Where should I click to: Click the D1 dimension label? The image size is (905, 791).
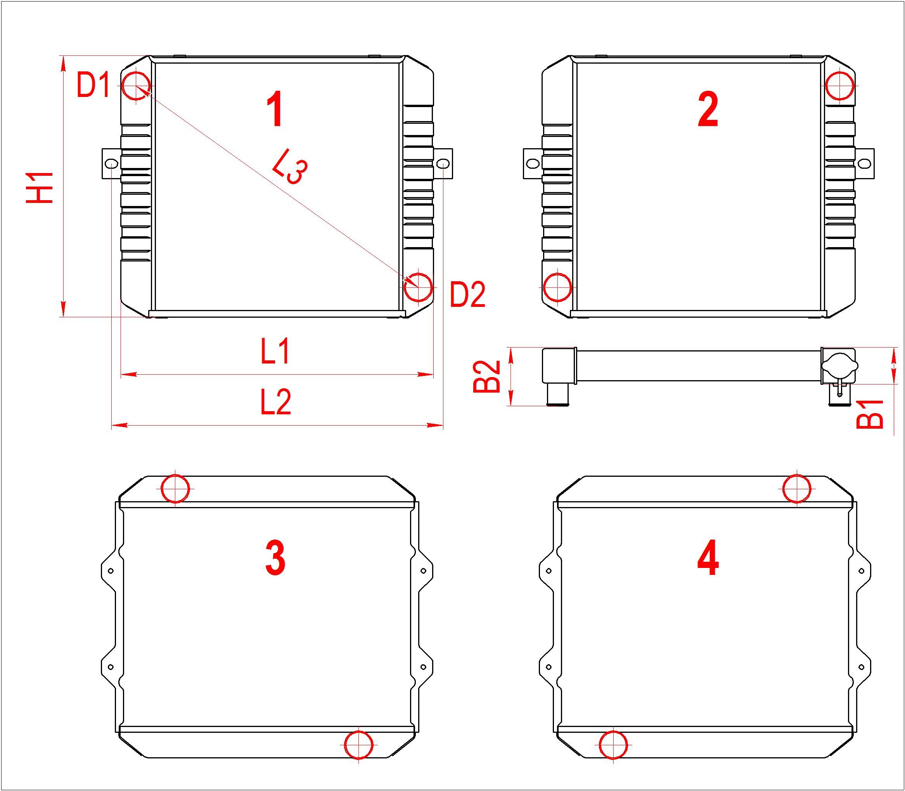(x=93, y=85)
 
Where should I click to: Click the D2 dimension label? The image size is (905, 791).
(x=467, y=294)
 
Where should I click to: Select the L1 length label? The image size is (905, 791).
(x=275, y=351)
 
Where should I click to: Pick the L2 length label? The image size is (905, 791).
(x=275, y=402)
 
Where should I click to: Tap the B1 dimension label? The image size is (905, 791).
(x=870, y=414)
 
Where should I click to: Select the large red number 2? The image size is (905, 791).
(x=708, y=110)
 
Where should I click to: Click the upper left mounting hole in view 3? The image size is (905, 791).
(x=111, y=571)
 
